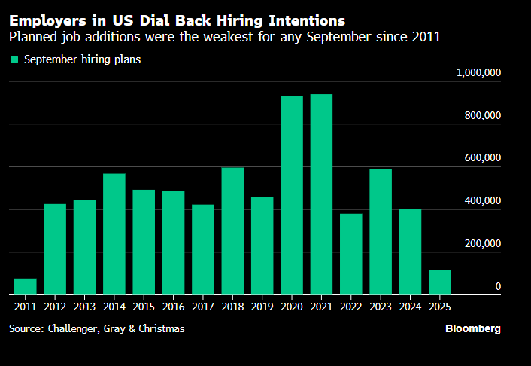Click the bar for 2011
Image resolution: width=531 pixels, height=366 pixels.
pos(25,287)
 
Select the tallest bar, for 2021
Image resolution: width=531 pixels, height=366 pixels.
pos(321,194)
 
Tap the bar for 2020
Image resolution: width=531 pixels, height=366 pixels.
pos(292,196)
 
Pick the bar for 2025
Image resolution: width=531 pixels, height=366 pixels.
pos(440,282)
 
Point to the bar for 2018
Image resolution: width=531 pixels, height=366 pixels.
pos(232,231)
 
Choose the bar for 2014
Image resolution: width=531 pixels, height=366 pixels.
pos(114,234)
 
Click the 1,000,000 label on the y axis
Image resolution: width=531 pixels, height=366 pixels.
pos(479,72)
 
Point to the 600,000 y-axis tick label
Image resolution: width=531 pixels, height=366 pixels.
pos(482,158)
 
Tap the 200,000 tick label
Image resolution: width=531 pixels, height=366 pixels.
pos(482,244)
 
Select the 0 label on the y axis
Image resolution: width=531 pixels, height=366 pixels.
pos(498,287)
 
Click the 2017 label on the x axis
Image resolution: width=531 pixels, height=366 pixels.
pos(203,307)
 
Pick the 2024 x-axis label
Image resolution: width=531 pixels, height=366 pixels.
pos(410,307)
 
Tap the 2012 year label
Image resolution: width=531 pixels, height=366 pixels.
pos(55,307)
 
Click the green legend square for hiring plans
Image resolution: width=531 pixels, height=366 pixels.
pos(14,59)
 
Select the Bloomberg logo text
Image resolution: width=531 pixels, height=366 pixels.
pos(472,329)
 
